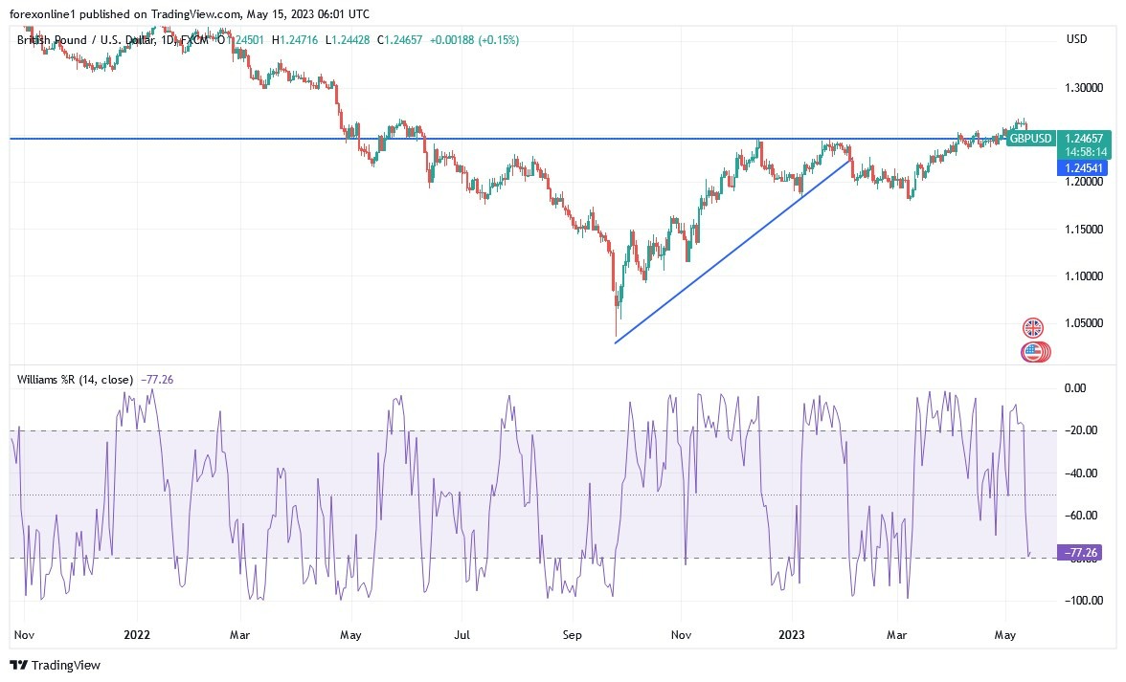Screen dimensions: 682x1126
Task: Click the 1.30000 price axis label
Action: tap(1084, 88)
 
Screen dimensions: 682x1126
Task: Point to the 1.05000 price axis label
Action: tap(1084, 323)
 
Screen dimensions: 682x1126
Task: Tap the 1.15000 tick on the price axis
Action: tap(1084, 230)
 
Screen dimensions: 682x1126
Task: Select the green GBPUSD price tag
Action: tap(1030, 139)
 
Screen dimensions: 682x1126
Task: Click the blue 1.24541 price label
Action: tap(1080, 167)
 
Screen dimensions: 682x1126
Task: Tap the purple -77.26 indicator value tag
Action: tap(1080, 552)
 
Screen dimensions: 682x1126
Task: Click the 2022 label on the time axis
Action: tap(137, 634)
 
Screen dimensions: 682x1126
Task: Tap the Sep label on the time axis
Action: tap(572, 634)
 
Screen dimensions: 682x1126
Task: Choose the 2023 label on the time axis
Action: tap(792, 634)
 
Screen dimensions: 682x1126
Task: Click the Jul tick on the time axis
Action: tap(462, 634)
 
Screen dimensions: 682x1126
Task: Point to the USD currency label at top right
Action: tap(1076, 38)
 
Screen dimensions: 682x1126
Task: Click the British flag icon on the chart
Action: tap(1032, 327)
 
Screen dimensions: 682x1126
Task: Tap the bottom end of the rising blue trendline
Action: tap(615, 342)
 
